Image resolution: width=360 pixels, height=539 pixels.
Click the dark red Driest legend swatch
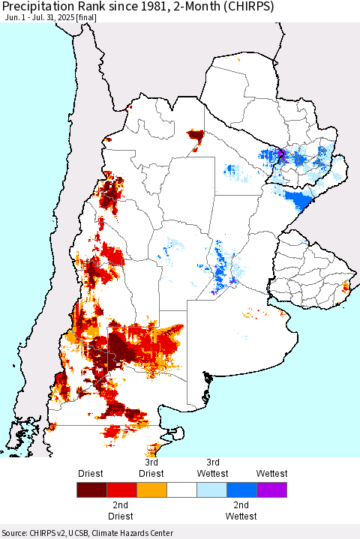click(x=91, y=490)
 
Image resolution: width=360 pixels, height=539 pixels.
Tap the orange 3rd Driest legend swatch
click(x=151, y=490)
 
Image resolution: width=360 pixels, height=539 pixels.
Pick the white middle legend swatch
click(x=181, y=490)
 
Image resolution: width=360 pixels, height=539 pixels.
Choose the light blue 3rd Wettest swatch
click(x=211, y=490)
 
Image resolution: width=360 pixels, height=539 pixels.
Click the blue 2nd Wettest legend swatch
click(x=241, y=490)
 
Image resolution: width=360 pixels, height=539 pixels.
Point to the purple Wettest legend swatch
click(x=271, y=490)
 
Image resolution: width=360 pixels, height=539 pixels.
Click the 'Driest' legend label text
click(x=91, y=474)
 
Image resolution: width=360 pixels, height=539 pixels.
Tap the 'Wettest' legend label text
click(x=271, y=474)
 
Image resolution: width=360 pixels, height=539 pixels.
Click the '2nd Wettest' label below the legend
click(x=241, y=511)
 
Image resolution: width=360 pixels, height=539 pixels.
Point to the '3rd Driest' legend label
click(x=151, y=469)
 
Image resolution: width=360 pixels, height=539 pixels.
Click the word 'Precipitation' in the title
click(x=37, y=8)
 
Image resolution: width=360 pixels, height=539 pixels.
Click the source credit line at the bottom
click(x=88, y=532)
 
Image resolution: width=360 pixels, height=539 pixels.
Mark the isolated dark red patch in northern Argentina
click(x=196, y=136)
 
